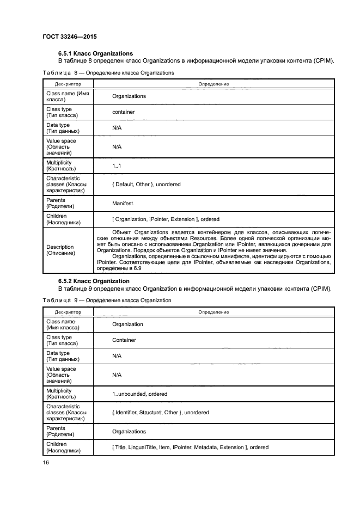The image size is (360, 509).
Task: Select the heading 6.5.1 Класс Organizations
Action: click(95, 53)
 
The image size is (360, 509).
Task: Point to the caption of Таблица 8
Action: click(108, 72)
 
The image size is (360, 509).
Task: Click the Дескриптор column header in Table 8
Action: click(68, 84)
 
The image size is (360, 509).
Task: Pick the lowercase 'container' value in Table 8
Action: click(123, 112)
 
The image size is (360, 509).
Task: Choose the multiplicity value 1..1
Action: click(117, 166)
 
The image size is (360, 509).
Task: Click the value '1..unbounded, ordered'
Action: click(139, 394)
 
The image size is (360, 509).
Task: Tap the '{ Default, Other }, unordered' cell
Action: click(146, 185)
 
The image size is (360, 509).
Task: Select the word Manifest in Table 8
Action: click(123, 204)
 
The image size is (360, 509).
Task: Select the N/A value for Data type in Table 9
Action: click(117, 356)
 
